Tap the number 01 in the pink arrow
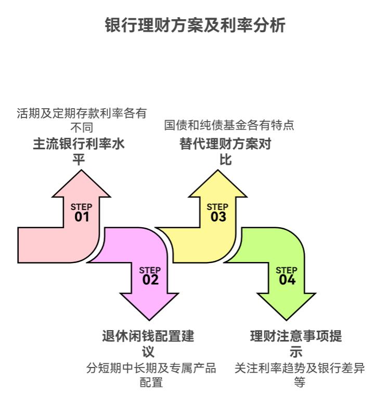pos(82,217)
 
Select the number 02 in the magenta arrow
pos(150,280)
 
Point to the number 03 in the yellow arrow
pos(218,217)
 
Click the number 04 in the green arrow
pos(287,280)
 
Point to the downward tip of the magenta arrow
pos(150,319)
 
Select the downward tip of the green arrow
pos(287,319)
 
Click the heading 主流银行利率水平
pos(79,151)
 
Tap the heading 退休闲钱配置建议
pos(148,343)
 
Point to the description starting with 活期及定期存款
pos(82,120)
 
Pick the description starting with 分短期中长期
pos(151,375)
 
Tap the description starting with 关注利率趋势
pos(299,375)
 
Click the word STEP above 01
pos(81,207)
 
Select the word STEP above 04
pos(287,270)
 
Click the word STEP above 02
pos(150,270)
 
